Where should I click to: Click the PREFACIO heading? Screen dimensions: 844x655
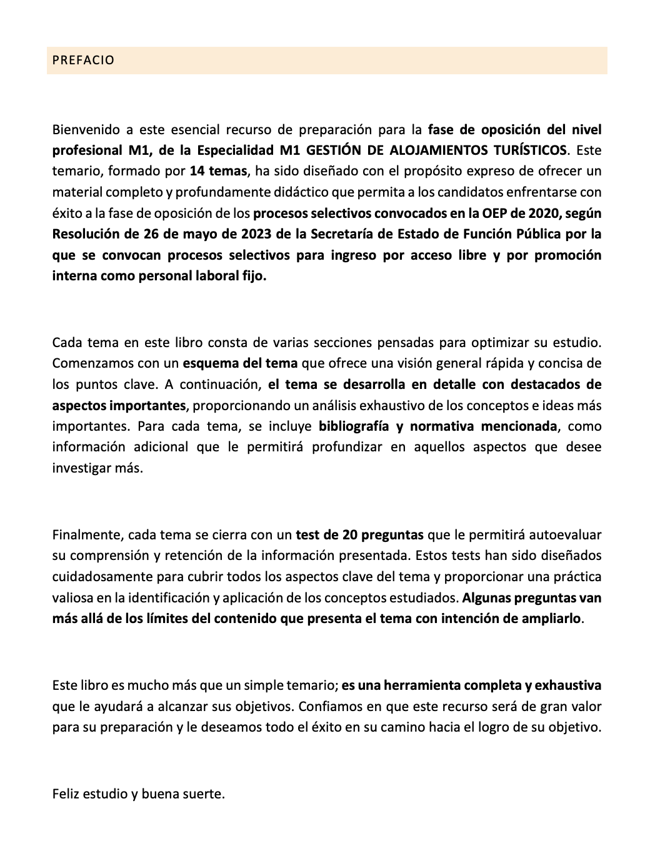pyautogui.click(x=83, y=61)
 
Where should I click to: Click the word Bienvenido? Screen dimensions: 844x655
pyautogui.click(x=86, y=130)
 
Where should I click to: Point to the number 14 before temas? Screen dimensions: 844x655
pyautogui.click(x=197, y=171)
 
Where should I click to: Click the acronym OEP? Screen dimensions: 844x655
pyautogui.click(x=494, y=213)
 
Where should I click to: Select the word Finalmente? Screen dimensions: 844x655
pyautogui.click(x=87, y=535)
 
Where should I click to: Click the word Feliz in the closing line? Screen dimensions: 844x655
pyautogui.click(x=66, y=794)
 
